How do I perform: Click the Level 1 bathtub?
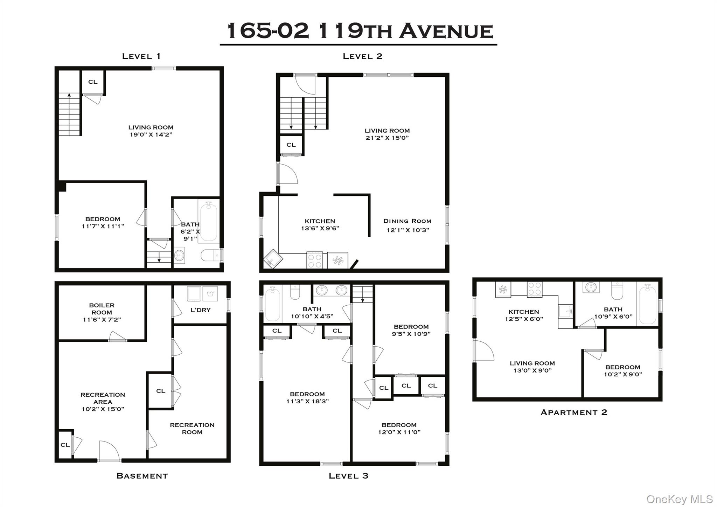point(209,221)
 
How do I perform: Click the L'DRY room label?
point(201,310)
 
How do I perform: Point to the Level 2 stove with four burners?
point(314,260)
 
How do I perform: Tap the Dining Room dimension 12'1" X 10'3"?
point(408,230)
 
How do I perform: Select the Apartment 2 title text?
point(574,412)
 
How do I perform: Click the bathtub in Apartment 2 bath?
point(648,304)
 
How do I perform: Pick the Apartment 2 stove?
point(535,290)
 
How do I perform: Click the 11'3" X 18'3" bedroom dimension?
point(307,401)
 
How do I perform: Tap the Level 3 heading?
point(348,476)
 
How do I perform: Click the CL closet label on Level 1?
point(93,82)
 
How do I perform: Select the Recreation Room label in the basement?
point(192,429)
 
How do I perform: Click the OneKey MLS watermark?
point(679,499)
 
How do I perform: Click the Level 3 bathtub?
point(273,304)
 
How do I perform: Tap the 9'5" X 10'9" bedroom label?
point(411,334)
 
